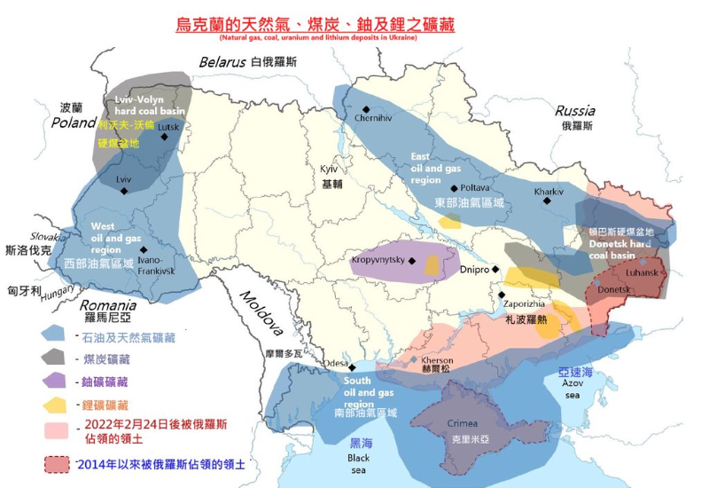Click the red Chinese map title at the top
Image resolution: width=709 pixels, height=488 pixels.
(315, 25)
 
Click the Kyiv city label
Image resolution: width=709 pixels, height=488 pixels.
(329, 169)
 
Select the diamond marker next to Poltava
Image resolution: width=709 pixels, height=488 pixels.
(454, 188)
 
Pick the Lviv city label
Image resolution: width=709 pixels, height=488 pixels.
(123, 179)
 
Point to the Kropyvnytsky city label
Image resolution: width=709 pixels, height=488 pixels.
(378, 260)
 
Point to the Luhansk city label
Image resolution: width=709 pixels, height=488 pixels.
(642, 272)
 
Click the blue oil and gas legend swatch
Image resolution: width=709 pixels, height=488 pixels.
(55, 335)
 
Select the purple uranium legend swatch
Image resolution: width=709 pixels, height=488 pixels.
(55, 381)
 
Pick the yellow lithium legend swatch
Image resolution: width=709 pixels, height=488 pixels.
(55, 404)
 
